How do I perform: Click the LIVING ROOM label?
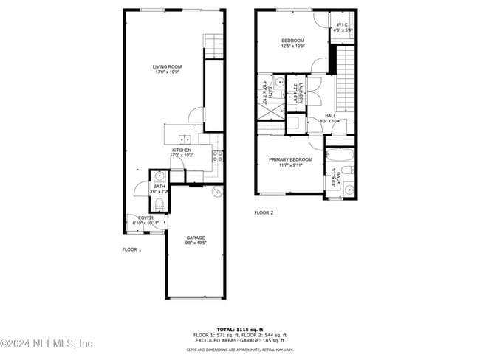pos(167,67)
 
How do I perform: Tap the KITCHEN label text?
pos(181,150)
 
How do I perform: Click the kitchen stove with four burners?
pos(218,156)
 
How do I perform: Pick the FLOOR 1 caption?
pos(131,249)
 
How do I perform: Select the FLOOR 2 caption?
pos(264,212)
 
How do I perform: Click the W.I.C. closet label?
pos(343,24)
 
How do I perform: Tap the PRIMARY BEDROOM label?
pos(290,159)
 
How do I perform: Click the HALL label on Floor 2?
pos(330,116)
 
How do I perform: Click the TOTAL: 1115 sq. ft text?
pos(240,329)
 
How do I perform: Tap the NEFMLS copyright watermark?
pos(47,344)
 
